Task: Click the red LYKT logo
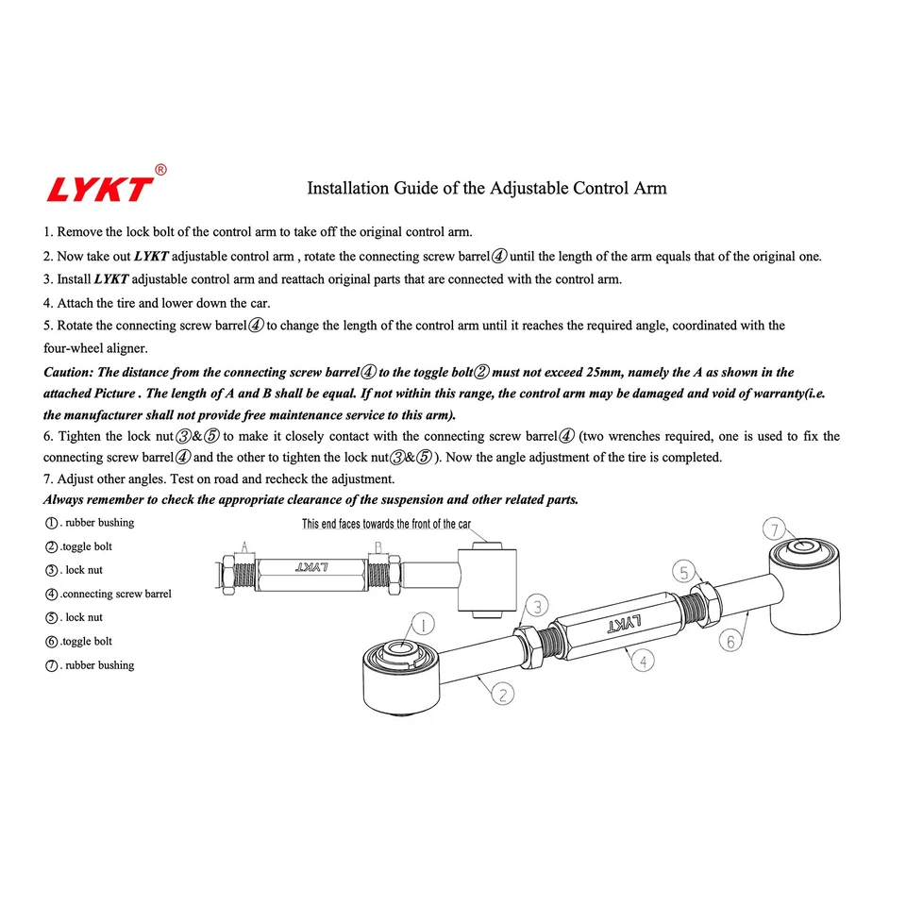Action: (99, 187)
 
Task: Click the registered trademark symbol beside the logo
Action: (160, 170)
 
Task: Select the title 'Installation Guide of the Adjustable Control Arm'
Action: (486, 188)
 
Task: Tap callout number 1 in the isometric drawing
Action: (423, 625)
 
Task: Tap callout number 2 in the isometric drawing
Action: (504, 695)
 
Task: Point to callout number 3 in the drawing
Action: (535, 605)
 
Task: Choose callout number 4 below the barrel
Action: (643, 662)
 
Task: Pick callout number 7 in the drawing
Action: (773, 528)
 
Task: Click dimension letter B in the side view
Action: (377, 547)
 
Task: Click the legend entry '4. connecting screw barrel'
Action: (109, 594)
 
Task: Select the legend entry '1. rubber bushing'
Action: (90, 523)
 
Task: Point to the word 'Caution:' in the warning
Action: (69, 373)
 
